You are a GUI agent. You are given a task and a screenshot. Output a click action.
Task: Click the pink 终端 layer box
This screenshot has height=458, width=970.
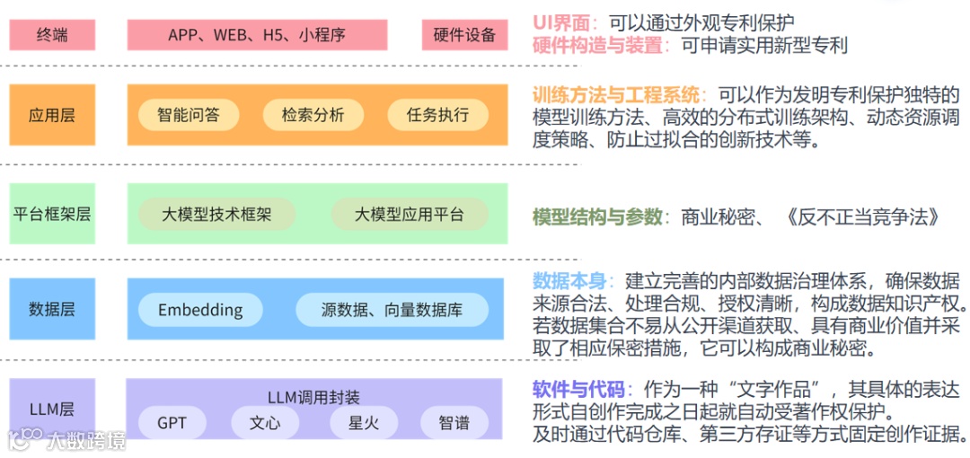pos(52,35)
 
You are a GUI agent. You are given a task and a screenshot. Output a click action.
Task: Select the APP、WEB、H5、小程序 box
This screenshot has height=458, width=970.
pos(257,35)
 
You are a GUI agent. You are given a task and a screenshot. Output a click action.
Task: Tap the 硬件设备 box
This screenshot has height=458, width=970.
pos(464,35)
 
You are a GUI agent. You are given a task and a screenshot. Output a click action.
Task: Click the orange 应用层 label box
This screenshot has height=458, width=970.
pos(52,115)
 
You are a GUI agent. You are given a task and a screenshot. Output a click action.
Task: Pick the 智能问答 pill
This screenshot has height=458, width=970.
pos(188,115)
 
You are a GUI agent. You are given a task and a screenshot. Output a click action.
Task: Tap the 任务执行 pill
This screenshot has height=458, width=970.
pos(437,115)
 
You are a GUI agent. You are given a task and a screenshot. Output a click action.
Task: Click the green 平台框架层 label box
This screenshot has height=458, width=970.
pos(52,214)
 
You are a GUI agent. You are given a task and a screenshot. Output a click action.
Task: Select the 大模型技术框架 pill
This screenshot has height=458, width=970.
pos(216,214)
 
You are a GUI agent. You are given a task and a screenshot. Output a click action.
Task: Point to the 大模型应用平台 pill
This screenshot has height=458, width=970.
pos(410,214)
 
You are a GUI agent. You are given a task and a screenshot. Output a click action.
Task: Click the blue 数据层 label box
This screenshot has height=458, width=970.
pos(52,309)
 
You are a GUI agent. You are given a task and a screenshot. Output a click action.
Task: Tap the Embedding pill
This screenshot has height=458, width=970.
pos(200,310)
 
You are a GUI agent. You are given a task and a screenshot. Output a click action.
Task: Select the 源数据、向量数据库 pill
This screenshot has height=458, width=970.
pos(392,310)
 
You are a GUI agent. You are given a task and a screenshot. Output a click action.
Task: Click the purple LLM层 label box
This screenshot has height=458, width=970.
pos(52,409)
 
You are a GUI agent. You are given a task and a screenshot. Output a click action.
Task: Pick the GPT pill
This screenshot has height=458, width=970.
pos(171,422)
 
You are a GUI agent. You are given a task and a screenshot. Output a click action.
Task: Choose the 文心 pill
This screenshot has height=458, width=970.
pos(265,422)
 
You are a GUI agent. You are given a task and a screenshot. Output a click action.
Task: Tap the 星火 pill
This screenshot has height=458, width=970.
pos(364,422)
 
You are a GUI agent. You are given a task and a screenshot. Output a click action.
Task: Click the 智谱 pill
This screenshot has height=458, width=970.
pos(454,422)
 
